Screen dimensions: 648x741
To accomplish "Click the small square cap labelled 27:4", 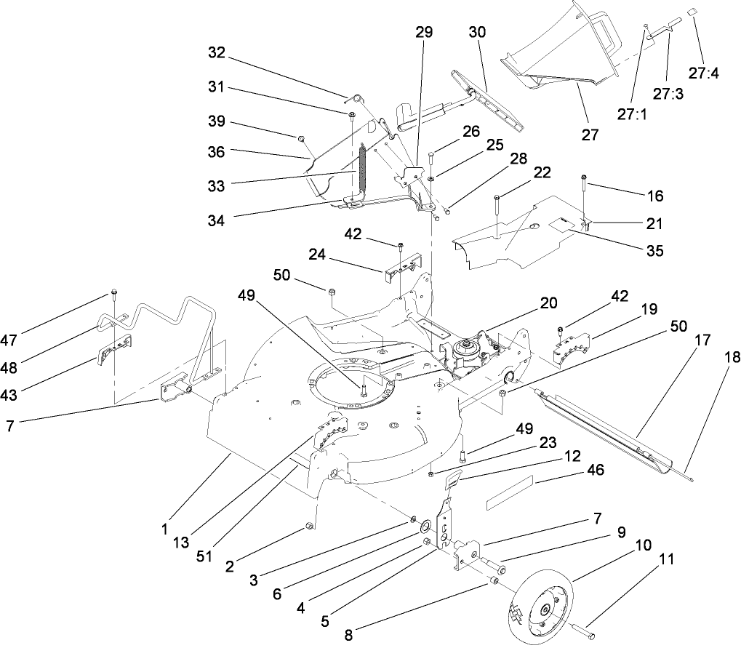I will tap(694, 13).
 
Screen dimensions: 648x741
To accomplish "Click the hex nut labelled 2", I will tap(309, 525).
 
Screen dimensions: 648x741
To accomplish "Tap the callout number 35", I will tap(654, 251).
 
